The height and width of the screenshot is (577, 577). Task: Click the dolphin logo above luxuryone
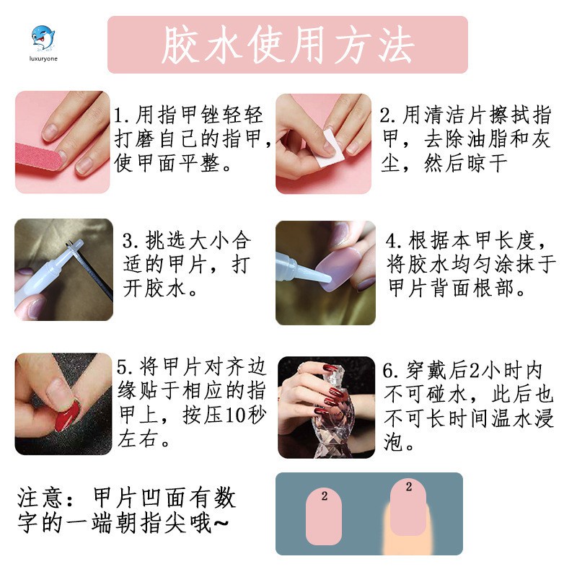click(x=41, y=35)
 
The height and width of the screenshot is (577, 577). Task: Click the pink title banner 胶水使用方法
click(x=287, y=45)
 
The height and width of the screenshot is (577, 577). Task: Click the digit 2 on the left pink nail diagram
click(x=325, y=496)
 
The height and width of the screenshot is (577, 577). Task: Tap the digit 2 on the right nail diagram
click(x=409, y=487)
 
